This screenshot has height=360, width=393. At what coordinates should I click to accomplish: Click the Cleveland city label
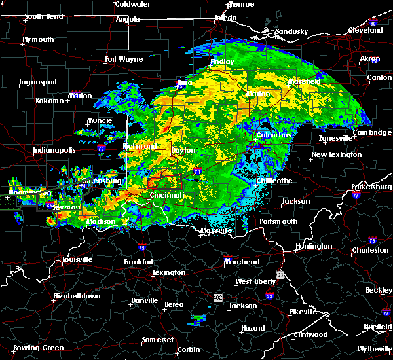(365, 30)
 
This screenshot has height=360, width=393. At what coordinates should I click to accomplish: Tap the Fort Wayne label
(124, 60)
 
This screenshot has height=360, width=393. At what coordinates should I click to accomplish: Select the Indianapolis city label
(52, 151)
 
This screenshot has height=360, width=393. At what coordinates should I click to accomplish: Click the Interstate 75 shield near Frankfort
(142, 247)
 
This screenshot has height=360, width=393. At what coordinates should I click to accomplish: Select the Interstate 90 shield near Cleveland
(372, 24)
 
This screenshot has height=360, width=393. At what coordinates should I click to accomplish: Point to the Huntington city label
(314, 246)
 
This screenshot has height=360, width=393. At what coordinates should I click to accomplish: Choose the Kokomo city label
(50, 101)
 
